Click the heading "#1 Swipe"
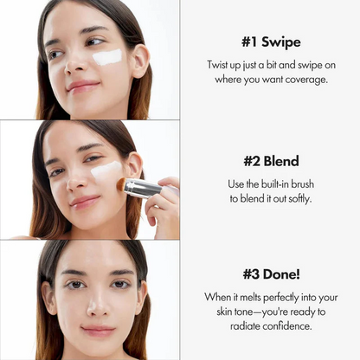tap(270, 42)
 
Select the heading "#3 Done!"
tap(270, 274)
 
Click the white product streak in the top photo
tap(107, 57)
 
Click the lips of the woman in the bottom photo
tap(98, 331)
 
